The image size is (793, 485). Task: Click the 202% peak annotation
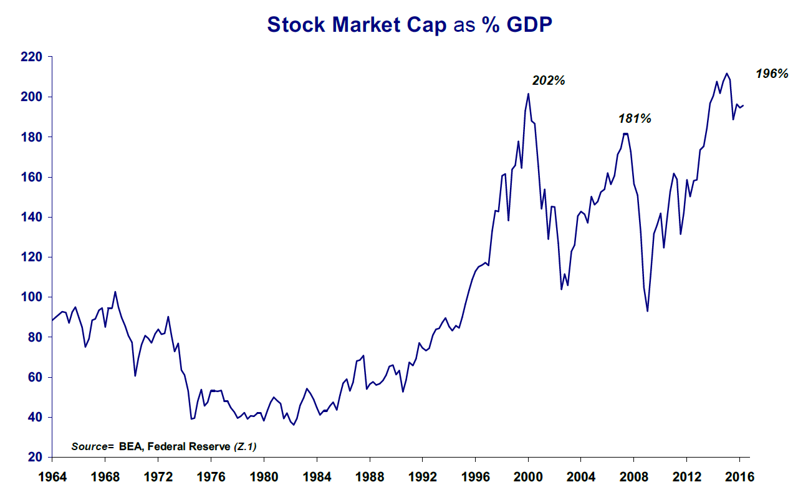pyautogui.click(x=548, y=80)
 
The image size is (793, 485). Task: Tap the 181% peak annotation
pyautogui.click(x=635, y=118)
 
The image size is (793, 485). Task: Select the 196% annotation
pyautogui.click(x=772, y=74)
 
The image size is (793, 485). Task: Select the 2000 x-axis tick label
pyautogui.click(x=528, y=477)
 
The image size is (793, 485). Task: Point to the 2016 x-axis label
pyautogui.click(x=739, y=477)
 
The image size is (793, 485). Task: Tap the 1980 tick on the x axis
pyautogui.click(x=264, y=477)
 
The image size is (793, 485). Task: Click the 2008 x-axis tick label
pyautogui.click(x=634, y=477)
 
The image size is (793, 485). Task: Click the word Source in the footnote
pyautogui.click(x=89, y=446)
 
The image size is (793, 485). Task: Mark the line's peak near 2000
pyautogui.click(x=528, y=94)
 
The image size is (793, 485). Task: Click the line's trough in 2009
pyautogui.click(x=648, y=311)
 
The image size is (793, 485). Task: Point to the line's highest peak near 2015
pyautogui.click(x=726, y=74)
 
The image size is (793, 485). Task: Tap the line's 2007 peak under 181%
pyautogui.click(x=626, y=133)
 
